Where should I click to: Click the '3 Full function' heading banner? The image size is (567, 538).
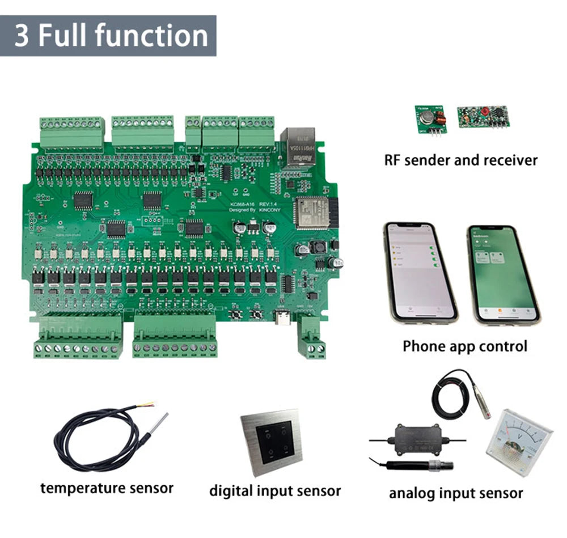[108, 35]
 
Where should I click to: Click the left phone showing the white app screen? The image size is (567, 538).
[420, 271]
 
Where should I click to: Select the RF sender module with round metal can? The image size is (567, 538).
[430, 118]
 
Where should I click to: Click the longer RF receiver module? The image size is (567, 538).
[484, 116]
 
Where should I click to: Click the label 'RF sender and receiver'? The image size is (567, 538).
[460, 160]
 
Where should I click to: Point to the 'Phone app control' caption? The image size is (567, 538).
[464, 345]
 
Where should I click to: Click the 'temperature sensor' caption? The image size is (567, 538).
[107, 488]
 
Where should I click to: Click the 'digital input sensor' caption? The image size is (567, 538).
[275, 490]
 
